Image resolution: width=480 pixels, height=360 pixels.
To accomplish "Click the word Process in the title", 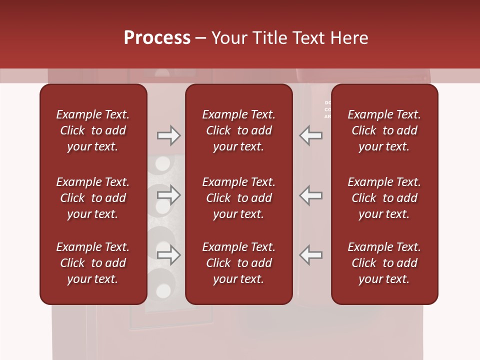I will click(x=157, y=38).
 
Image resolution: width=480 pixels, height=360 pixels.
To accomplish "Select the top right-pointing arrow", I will click(x=168, y=135).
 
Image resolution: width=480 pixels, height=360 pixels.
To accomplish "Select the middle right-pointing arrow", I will click(x=168, y=195).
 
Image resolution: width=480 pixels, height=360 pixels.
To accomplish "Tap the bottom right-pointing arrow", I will click(x=168, y=255).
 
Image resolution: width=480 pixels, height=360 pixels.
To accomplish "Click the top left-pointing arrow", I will click(x=310, y=135).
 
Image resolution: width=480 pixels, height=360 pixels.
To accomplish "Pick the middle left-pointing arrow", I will click(x=310, y=195).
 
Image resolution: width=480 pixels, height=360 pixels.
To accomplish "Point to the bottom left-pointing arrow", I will click(x=310, y=255).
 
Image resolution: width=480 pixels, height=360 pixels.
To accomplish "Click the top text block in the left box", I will click(x=93, y=130).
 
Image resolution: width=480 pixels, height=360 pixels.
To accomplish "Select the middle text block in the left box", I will click(x=93, y=198).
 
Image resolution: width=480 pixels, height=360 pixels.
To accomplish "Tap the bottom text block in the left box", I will click(x=93, y=263).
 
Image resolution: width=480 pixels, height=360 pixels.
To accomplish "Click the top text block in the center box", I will click(x=239, y=130).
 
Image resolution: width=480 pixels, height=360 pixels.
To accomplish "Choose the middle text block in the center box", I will click(x=239, y=198).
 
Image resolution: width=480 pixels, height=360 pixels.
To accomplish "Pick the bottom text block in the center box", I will click(x=239, y=263).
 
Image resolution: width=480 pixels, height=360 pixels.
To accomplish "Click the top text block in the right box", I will click(x=384, y=130).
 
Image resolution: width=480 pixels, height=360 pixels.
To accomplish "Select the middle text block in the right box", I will click(x=384, y=198).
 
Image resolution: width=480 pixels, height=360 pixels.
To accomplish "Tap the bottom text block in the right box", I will click(x=384, y=263).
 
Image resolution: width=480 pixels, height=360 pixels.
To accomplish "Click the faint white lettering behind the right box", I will click(x=328, y=109).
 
